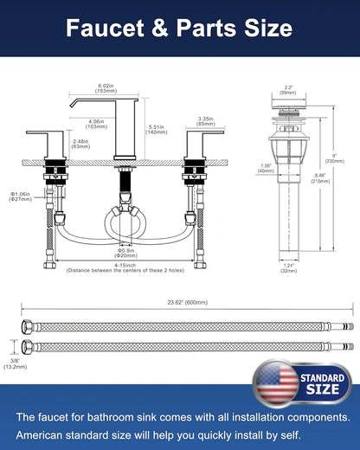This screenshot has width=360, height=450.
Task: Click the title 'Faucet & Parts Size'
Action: click(180, 29)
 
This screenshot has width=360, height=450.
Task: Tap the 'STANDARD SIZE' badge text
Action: click(322, 384)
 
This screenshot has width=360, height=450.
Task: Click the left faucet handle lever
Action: click(43, 135)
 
